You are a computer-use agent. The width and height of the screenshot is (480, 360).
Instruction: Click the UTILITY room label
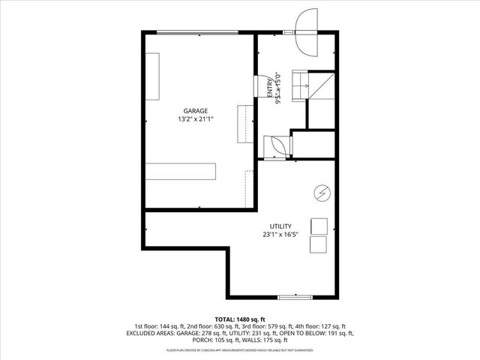coord(280,226)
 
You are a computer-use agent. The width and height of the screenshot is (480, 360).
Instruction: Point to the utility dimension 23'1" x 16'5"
coord(280,235)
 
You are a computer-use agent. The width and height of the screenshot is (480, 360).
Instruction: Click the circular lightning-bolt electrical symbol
coord(321,193)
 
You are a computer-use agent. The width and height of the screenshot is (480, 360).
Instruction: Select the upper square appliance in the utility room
coord(319,226)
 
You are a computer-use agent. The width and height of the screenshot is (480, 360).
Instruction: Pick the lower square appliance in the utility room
coord(319,245)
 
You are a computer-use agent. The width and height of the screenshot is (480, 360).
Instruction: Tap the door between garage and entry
coord(264,87)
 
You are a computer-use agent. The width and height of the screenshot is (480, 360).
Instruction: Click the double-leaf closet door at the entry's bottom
coord(275,144)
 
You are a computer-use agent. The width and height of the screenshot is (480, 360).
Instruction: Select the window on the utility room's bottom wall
coord(295,298)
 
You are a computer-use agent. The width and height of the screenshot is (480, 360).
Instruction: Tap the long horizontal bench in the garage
coord(181,170)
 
